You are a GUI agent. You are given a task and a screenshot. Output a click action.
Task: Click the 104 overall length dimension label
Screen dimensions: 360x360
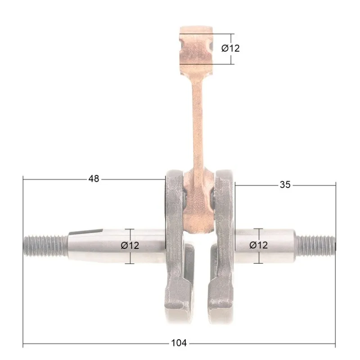tap(179, 343)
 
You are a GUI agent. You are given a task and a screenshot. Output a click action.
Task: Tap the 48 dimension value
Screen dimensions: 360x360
tap(94, 179)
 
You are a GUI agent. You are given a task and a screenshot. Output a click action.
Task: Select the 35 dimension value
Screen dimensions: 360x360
tap(285, 184)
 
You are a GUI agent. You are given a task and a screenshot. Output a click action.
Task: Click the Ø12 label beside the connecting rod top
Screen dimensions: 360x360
tap(230, 48)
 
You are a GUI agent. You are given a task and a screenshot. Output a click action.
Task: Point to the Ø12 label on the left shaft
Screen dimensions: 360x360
tap(130, 245)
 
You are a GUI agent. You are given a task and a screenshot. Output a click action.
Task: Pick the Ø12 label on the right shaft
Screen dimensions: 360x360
tap(258, 245)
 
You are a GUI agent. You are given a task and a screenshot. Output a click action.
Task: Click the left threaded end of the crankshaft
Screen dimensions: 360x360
tap(46, 246)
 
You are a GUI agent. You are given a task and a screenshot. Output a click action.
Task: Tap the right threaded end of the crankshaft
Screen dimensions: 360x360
tap(315, 246)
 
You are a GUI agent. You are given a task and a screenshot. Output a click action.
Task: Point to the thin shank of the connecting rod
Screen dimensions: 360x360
tap(198, 124)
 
